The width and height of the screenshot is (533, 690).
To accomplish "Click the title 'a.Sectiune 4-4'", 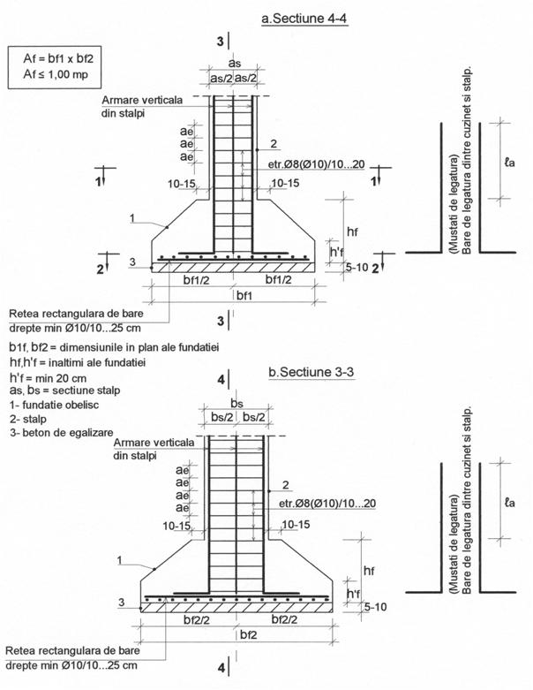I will pos(301,17).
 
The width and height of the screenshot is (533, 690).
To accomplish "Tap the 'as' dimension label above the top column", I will pos(233,64).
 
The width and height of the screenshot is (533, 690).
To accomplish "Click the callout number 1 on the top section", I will pos(131,217).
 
